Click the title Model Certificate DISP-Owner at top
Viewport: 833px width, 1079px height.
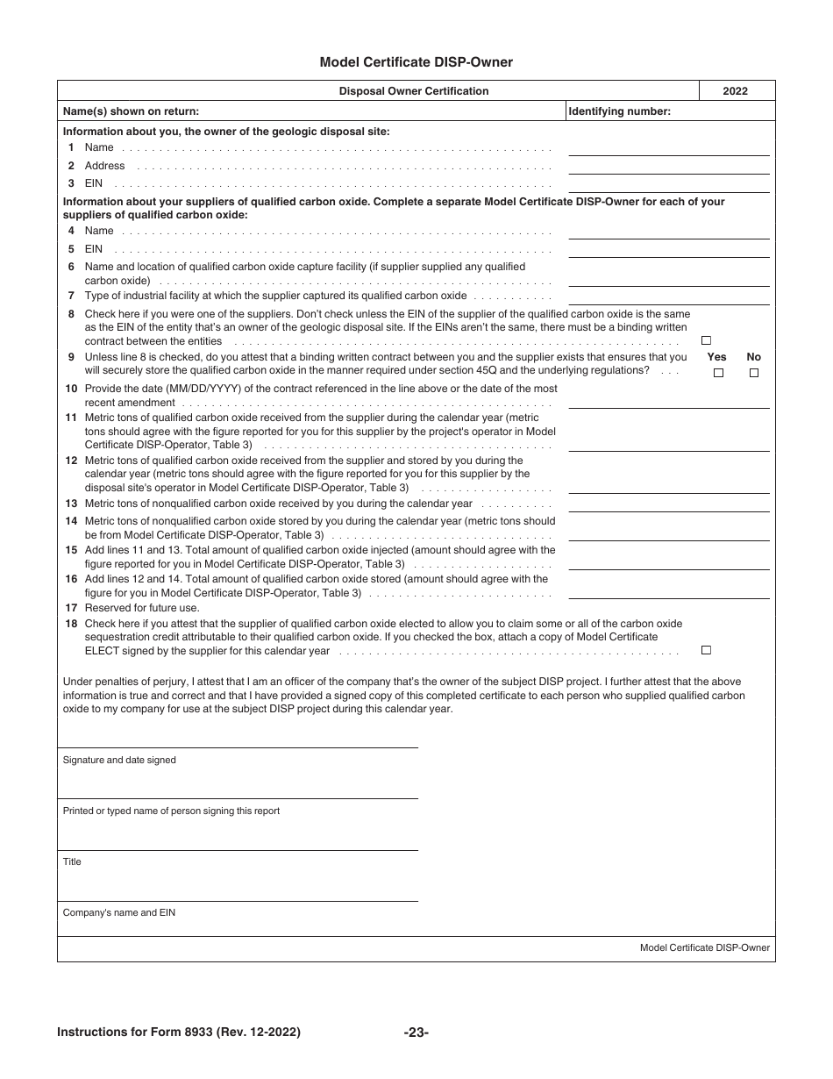click(x=416, y=62)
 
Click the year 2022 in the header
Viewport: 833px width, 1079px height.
click(x=735, y=91)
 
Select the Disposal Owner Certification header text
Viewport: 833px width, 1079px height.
click(x=414, y=91)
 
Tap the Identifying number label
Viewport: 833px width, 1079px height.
click(x=619, y=111)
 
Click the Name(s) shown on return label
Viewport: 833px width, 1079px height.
click(x=131, y=111)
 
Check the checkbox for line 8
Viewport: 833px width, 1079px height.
click(x=706, y=341)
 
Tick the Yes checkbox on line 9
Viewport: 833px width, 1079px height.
click(x=718, y=373)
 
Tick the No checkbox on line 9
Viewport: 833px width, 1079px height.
click(x=753, y=373)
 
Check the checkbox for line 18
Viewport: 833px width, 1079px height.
click(x=706, y=651)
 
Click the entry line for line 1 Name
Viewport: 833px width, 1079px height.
click(x=668, y=149)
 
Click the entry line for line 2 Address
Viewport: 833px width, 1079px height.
click(x=668, y=167)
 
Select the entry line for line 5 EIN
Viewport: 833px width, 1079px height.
click(x=668, y=250)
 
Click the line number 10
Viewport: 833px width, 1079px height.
click(x=71, y=389)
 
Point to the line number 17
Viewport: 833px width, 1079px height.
click(x=71, y=608)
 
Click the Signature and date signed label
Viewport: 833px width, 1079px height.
click(x=119, y=761)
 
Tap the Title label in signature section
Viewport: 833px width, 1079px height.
click(x=72, y=862)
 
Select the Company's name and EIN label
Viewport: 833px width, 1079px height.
click(x=119, y=913)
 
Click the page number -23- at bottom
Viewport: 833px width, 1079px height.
click(x=416, y=1033)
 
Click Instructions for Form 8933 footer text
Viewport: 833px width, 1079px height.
click(x=179, y=1033)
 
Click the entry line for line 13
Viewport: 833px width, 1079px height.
click(x=668, y=505)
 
